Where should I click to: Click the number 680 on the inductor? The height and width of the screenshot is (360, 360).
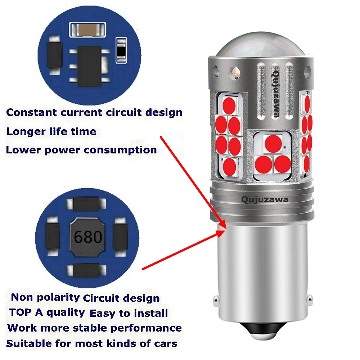[88, 237]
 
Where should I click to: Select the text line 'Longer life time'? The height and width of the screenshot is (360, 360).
[51, 131]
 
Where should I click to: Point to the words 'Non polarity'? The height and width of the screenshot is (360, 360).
[45, 297]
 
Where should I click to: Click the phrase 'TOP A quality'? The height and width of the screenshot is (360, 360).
[47, 312]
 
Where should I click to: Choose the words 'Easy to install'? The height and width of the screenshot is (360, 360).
[129, 313]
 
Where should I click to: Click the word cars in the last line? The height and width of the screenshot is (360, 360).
[165, 343]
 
